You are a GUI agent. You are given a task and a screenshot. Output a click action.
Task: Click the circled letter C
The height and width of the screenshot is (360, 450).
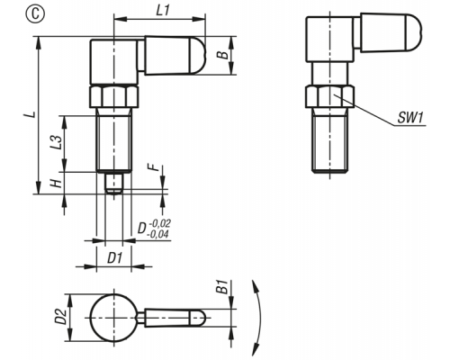click(35, 14)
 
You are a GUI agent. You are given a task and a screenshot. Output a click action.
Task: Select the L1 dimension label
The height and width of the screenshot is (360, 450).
click(163, 11)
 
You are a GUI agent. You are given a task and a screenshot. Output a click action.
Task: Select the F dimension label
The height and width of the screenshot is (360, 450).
click(154, 166)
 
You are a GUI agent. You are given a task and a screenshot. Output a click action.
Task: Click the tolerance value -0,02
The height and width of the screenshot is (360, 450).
click(159, 223)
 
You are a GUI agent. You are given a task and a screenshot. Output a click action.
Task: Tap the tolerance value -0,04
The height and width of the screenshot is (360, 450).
click(157, 234)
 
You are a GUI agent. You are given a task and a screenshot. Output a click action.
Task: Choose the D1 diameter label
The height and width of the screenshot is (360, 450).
click(115, 258)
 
